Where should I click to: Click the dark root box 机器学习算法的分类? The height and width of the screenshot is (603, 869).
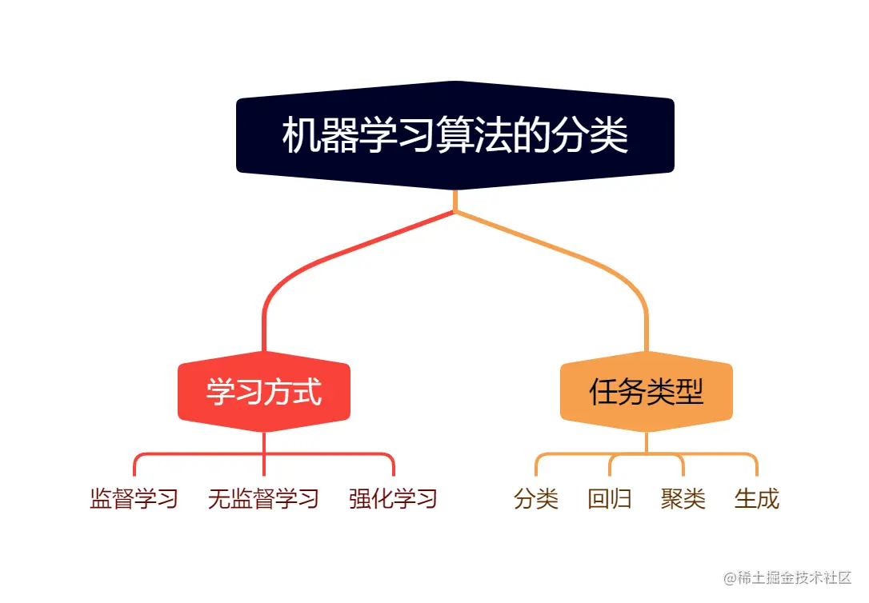tap(455, 136)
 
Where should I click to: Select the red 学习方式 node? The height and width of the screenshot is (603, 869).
tap(263, 392)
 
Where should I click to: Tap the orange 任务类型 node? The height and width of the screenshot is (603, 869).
tap(646, 392)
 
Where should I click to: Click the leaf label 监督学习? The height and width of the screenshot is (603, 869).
tap(134, 499)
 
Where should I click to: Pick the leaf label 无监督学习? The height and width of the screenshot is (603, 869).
tap(263, 499)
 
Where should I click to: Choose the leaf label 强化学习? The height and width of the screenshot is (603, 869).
tap(393, 499)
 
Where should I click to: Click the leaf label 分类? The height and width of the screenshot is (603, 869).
tap(536, 499)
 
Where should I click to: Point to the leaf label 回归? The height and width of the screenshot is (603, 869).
tap(610, 499)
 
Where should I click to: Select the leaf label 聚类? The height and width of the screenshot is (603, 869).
tap(683, 499)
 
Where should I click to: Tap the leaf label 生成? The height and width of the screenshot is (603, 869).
tap(757, 499)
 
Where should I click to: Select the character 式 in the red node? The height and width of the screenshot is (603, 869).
tap(306, 392)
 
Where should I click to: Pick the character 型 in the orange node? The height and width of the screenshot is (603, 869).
tap(689, 392)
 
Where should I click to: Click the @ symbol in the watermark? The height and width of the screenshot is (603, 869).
tap(730, 578)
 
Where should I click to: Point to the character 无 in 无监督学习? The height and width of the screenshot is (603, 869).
tap(219, 499)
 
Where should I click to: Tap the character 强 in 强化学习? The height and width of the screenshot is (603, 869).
tap(360, 499)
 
